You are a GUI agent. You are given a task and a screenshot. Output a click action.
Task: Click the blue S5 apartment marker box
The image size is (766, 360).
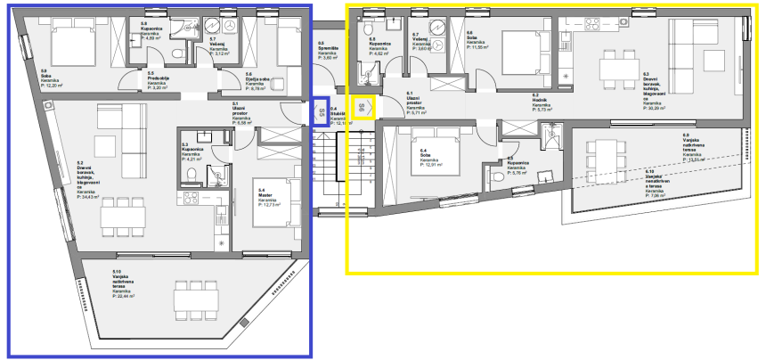(x=321, y=113)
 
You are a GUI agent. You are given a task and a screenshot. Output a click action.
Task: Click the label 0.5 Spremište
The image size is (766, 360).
(x=328, y=50)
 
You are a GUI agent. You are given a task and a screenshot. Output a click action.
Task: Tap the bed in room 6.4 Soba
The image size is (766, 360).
(x=431, y=151)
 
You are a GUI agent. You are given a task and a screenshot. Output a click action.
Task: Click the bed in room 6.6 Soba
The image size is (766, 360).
(x=521, y=44)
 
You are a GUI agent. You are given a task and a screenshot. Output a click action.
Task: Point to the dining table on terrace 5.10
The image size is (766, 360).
(x=193, y=299)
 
